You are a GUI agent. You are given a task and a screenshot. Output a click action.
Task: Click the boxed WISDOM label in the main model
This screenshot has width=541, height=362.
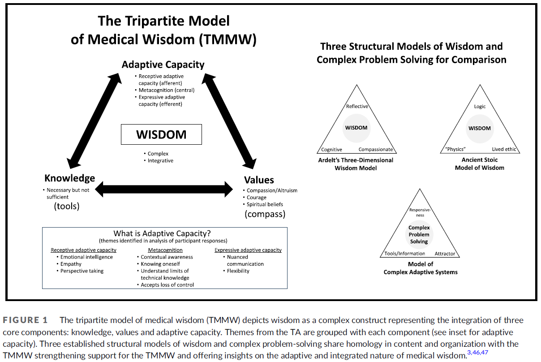click(161, 134)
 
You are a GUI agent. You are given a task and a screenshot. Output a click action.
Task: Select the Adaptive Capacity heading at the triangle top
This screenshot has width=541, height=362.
click(163, 65)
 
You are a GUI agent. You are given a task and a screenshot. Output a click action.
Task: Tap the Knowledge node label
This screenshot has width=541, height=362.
click(69, 178)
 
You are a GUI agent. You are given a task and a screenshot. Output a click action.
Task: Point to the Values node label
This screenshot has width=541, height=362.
click(259, 180)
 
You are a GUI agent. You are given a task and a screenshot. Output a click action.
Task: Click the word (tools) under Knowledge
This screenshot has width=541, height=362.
click(67, 206)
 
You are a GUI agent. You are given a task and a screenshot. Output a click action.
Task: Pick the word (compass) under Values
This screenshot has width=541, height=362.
click(265, 214)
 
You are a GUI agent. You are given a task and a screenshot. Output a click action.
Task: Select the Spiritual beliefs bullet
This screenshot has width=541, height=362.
click(265, 204)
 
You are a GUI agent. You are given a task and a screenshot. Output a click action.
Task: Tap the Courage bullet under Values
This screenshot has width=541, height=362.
click(257, 197)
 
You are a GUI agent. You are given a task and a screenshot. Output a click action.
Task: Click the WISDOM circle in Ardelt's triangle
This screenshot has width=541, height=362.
click(356, 128)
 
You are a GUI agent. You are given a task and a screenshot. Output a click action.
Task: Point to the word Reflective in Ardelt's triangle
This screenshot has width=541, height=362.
click(357, 106)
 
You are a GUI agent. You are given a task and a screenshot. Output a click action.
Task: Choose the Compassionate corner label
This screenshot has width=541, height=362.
click(376, 150)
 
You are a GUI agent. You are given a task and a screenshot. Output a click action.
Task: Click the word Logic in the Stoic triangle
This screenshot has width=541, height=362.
click(480, 107)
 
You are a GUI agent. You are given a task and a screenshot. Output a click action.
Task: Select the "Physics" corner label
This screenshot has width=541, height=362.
click(455, 150)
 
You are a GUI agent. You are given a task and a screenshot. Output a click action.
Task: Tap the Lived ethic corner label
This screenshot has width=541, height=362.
click(504, 150)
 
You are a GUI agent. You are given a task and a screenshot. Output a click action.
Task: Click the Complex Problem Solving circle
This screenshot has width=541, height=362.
click(419, 235)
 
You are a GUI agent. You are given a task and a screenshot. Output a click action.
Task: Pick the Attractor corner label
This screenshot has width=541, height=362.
click(445, 254)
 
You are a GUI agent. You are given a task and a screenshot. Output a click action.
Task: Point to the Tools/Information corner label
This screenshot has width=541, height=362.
click(405, 254)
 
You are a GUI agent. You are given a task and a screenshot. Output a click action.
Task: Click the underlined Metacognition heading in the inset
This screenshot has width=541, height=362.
click(165, 250)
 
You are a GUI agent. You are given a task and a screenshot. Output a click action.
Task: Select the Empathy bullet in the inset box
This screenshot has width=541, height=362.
click(71, 264)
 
